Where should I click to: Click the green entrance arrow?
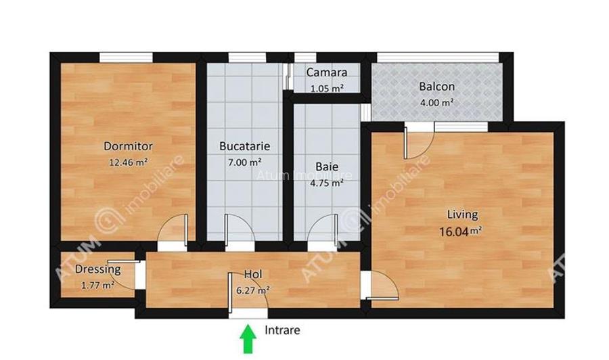tap(248, 338)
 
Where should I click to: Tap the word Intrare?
tap(282, 331)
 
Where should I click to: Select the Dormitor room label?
tap(128, 146)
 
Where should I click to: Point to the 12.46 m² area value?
tap(129, 162)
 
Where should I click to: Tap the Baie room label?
tap(328, 166)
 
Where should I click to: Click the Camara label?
tap(327, 72)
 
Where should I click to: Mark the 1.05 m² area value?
tap(327, 88)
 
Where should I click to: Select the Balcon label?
tap(436, 87)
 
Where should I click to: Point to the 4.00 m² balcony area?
tap(436, 102)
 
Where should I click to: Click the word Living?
tap(462, 215)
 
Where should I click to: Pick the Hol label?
tap(253, 275)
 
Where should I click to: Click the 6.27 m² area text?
tap(253, 290)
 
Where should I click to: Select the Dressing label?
tap(98, 269)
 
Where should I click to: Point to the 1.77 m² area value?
tap(97, 285)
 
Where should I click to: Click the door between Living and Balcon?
tap(418, 141)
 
